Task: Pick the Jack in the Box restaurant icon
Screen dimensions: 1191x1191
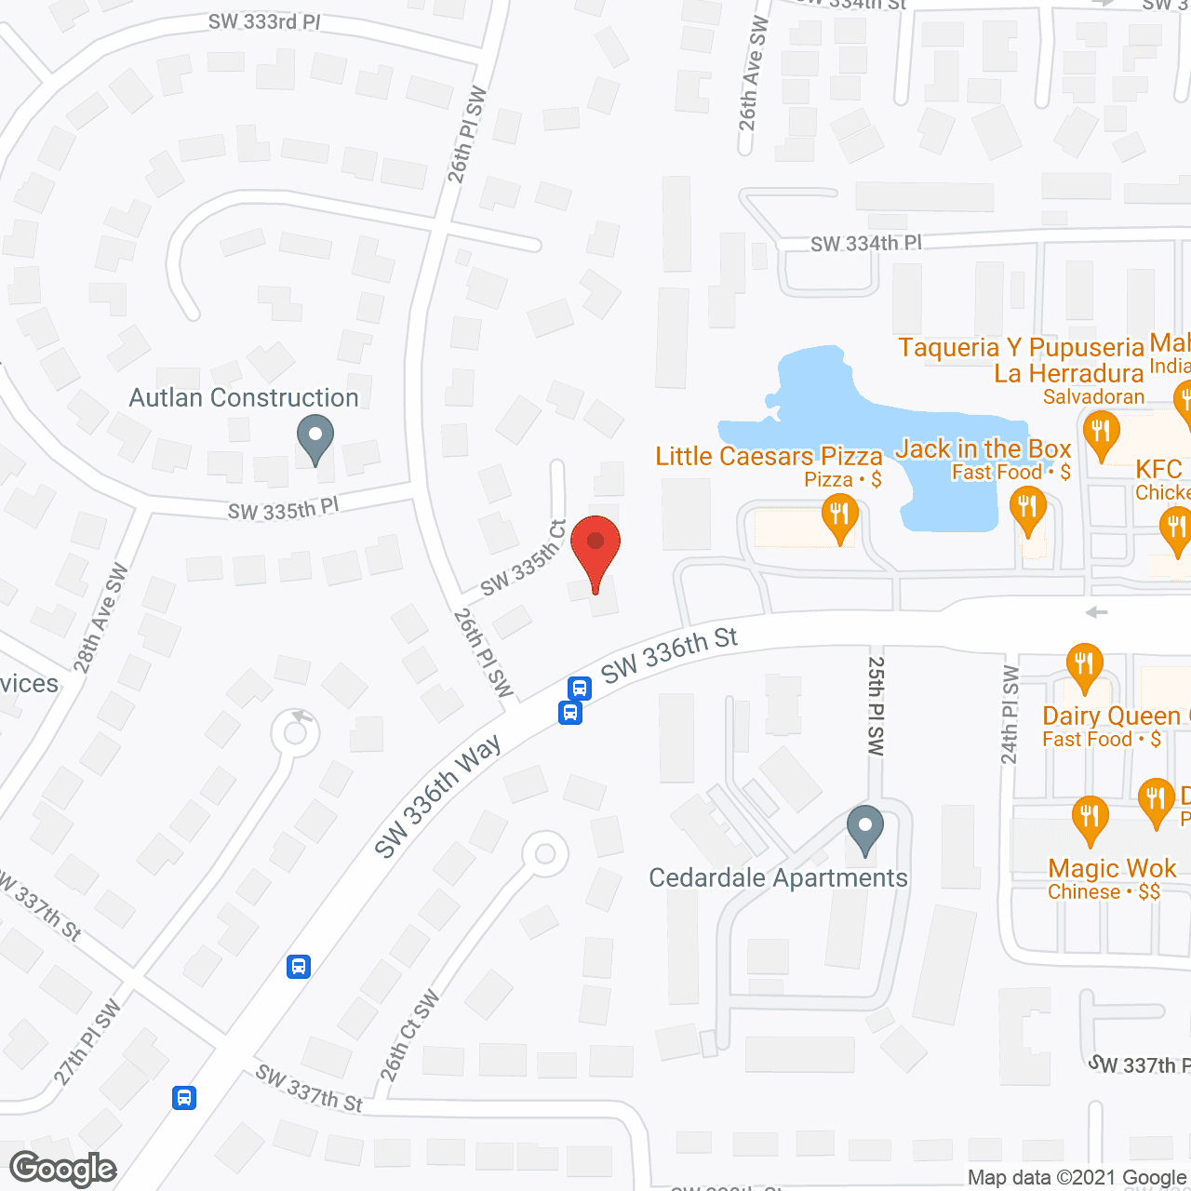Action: pyautogui.click(x=1028, y=508)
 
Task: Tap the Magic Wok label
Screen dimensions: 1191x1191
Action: pyautogui.click(x=1112, y=869)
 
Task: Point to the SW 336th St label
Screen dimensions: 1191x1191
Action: pyautogui.click(x=669, y=654)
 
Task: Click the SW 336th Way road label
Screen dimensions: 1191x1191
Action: pyautogui.click(x=437, y=796)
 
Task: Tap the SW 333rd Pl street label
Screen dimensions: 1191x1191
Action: pyautogui.click(x=264, y=21)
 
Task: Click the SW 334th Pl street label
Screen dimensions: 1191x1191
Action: pyautogui.click(x=865, y=244)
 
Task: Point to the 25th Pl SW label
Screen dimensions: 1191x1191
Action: pyautogui.click(x=876, y=705)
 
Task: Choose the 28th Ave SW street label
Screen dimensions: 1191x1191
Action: pyautogui.click(x=100, y=618)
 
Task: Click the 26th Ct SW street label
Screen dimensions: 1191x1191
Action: pyautogui.click(x=409, y=1037)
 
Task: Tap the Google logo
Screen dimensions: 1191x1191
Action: pyautogui.click(x=63, y=1169)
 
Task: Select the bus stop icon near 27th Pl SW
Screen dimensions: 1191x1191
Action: pyautogui.click(x=184, y=1097)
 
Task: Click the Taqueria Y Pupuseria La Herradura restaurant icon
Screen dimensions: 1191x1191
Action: pyautogui.click(x=1101, y=434)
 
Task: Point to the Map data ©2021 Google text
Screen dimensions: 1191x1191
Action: pyautogui.click(x=1077, y=1178)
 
